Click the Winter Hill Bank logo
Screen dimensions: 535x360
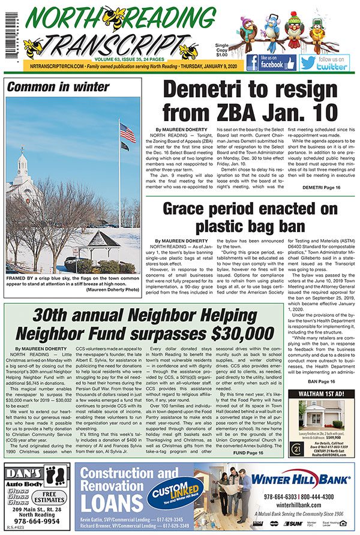pyautogui.click(x=309, y=479)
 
